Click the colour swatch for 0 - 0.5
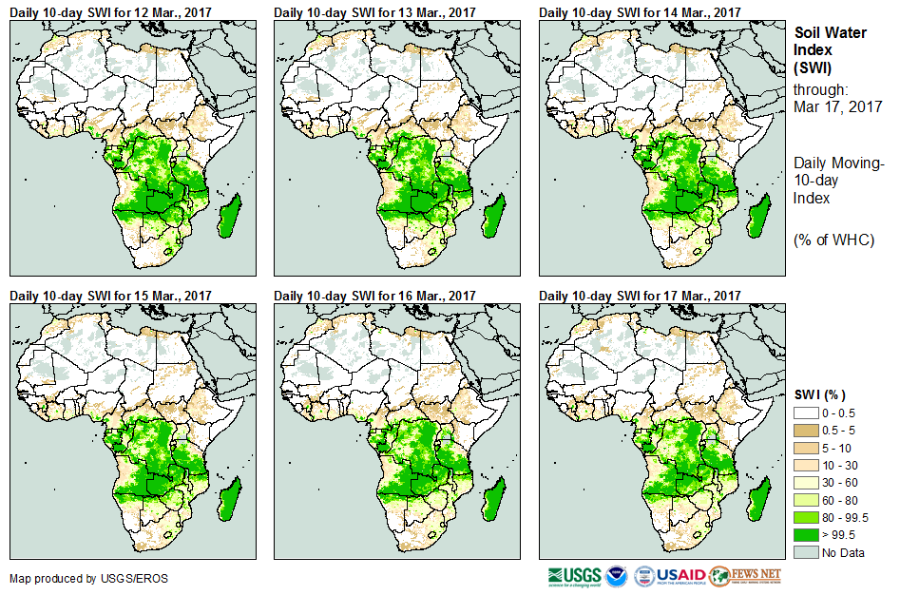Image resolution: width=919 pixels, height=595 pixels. [806, 413]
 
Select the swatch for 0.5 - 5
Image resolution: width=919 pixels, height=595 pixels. [806, 430]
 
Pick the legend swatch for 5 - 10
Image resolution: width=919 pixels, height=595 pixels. [806, 448]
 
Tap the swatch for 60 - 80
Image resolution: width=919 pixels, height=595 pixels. [806, 500]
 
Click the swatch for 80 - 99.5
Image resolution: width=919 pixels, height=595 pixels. [806, 517]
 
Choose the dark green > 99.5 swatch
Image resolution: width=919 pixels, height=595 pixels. [806, 535]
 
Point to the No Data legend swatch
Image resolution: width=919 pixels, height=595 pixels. [806, 552]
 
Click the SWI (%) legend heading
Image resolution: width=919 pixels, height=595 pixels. [819, 394]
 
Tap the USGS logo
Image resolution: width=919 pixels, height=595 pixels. [574, 576]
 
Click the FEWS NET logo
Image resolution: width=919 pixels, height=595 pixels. [745, 576]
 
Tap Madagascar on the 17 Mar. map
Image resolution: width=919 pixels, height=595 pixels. [758, 500]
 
